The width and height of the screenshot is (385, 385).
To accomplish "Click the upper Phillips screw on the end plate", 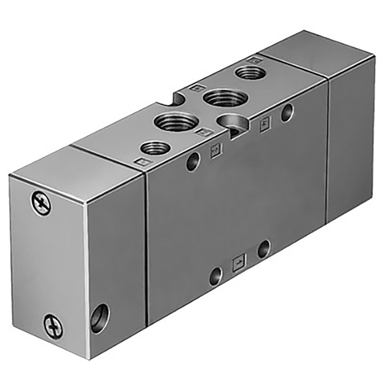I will (x=41, y=203).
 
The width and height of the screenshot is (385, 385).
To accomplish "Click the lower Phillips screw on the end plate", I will (x=53, y=326).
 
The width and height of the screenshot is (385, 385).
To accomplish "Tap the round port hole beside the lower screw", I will (x=100, y=318).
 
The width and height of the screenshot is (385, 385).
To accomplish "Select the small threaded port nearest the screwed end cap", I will (x=154, y=148).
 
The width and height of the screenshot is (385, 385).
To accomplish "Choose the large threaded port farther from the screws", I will (x=225, y=98).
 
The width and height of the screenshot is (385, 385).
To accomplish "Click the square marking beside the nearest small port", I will (x=141, y=162).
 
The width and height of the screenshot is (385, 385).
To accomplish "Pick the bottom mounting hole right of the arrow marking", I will (x=263, y=249).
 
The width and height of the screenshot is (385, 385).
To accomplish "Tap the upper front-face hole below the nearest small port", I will (x=194, y=161).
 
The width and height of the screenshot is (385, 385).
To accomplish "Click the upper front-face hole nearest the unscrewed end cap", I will (x=287, y=113).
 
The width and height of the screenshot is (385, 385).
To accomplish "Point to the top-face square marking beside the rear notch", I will (x=195, y=88).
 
